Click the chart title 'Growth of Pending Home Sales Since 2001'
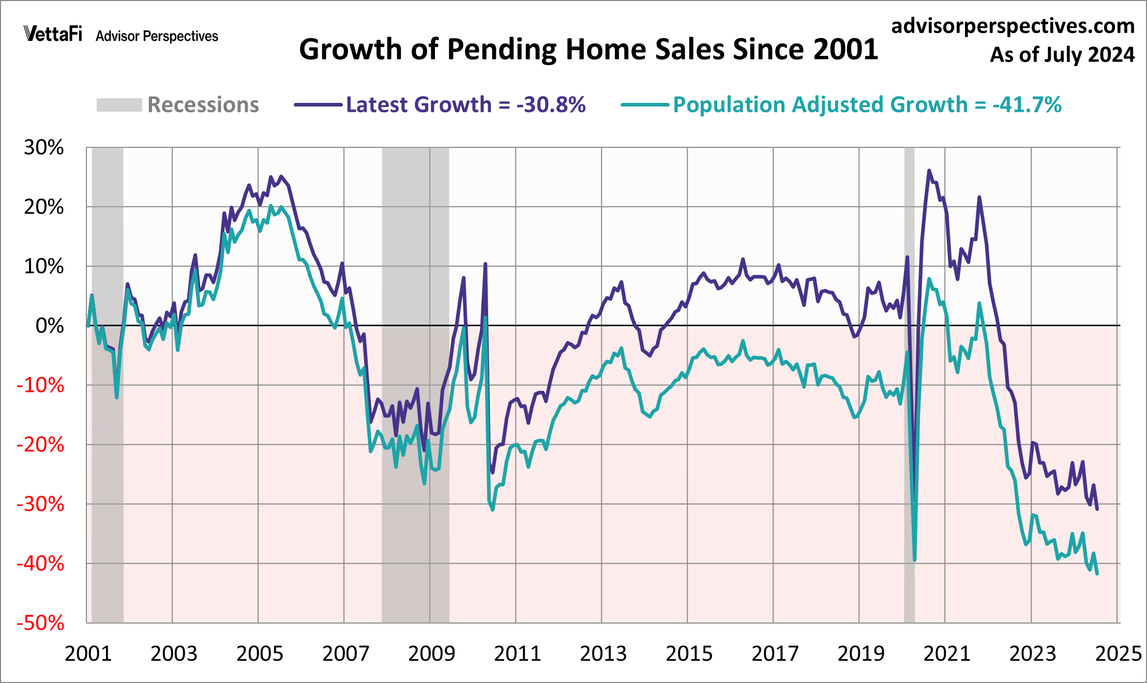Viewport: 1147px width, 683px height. coord(588,50)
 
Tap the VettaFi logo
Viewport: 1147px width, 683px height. coord(53,34)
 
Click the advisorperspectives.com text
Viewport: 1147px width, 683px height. coord(1013,26)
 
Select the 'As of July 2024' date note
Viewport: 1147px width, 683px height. coord(1062,55)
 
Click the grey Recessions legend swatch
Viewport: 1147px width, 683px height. coord(119,105)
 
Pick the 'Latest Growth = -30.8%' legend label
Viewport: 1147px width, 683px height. coord(465,105)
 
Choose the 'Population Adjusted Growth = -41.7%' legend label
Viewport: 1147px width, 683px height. coord(867,105)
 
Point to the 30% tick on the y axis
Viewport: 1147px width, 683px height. coord(44,148)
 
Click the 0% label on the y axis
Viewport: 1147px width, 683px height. coord(50,326)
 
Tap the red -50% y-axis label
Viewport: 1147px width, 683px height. coord(40,623)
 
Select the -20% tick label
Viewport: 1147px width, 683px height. coord(40,445)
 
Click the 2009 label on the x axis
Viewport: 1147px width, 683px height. coord(431,654)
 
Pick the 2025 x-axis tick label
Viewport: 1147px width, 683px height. coord(1118,654)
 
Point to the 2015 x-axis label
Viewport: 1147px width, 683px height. coord(689,654)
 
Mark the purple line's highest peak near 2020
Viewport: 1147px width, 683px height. coord(929,170)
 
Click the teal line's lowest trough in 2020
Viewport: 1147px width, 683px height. coord(915,560)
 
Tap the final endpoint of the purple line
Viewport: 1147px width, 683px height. coord(1097,509)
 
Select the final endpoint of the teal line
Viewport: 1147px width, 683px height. coord(1097,573)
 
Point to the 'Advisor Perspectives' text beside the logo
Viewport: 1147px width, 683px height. coord(157,36)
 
